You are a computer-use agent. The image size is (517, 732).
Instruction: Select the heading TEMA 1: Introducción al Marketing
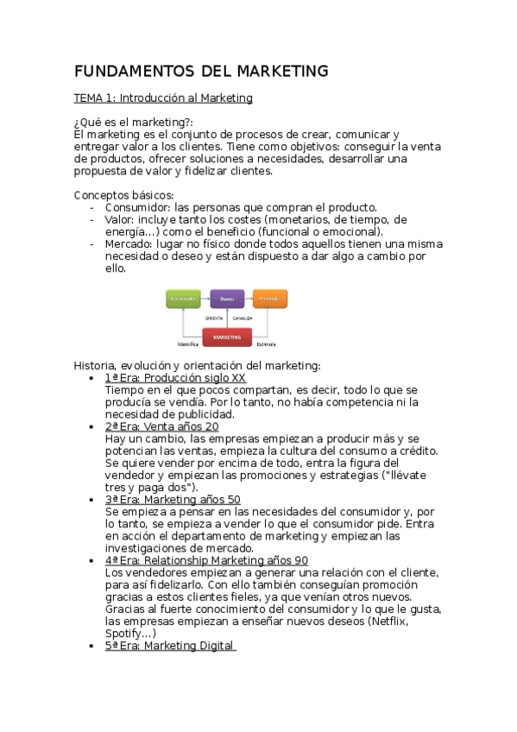click(x=163, y=98)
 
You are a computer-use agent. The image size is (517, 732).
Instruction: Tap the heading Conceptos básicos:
click(x=124, y=195)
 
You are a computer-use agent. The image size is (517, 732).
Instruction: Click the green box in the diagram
click(x=183, y=299)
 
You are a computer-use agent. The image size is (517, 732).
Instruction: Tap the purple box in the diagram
click(x=227, y=299)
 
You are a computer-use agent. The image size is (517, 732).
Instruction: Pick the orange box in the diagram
click(x=270, y=299)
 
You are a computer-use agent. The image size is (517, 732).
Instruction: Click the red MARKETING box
click(x=227, y=338)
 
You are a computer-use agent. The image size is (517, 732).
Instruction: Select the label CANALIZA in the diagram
click(x=242, y=318)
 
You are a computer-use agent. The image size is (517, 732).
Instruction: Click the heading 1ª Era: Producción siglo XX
click(x=175, y=378)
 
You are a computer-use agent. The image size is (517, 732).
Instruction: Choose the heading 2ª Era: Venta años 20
click(x=161, y=426)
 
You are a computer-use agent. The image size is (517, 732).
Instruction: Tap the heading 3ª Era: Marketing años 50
click(x=173, y=500)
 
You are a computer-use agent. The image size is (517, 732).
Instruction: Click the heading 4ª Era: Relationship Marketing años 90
click(x=206, y=560)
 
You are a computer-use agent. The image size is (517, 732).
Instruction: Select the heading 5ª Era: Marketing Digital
click(x=169, y=646)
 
